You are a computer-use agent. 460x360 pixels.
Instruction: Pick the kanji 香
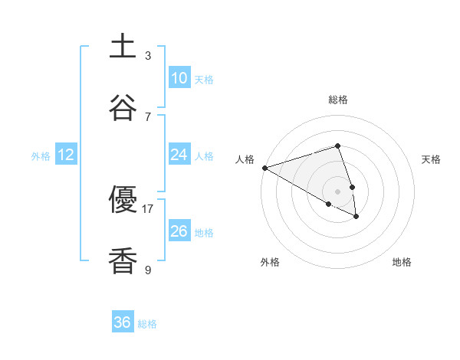click(123, 261)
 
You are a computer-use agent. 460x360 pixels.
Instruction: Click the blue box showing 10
click(179, 78)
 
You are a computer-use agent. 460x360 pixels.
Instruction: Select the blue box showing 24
click(179, 155)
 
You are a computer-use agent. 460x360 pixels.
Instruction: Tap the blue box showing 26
click(179, 231)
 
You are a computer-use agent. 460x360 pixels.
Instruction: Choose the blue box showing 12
click(66, 155)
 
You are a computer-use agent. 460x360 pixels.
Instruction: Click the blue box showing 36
click(123, 322)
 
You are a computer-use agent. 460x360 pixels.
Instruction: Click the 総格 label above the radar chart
click(337, 100)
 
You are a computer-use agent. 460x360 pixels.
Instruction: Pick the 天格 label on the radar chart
click(432, 159)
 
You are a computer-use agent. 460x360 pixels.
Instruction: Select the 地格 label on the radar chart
click(402, 262)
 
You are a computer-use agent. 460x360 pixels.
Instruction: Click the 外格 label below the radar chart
click(270, 262)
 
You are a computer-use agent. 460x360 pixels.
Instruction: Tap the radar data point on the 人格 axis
click(264, 168)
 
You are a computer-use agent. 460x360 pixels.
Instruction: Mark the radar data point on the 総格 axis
click(337, 146)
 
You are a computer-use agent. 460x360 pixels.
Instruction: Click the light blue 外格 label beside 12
click(41, 155)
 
